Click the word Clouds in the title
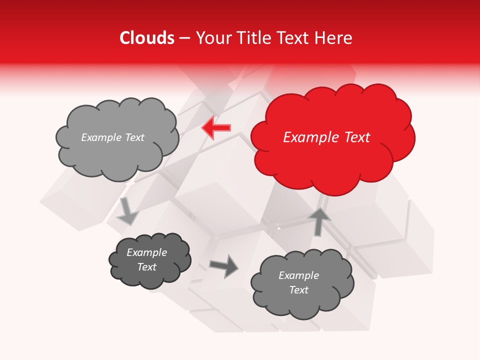pyautogui.click(x=147, y=38)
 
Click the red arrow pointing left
pyautogui.click(x=216, y=127)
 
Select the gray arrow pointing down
pyautogui.click(x=127, y=211)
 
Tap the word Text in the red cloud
pyautogui.click(x=357, y=137)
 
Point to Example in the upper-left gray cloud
pyautogui.click(x=101, y=137)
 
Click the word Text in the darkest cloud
pyautogui.click(x=147, y=267)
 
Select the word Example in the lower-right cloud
pyautogui.click(x=298, y=275)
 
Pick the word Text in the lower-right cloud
pyautogui.click(x=298, y=290)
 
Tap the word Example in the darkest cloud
pyautogui.click(x=147, y=252)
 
